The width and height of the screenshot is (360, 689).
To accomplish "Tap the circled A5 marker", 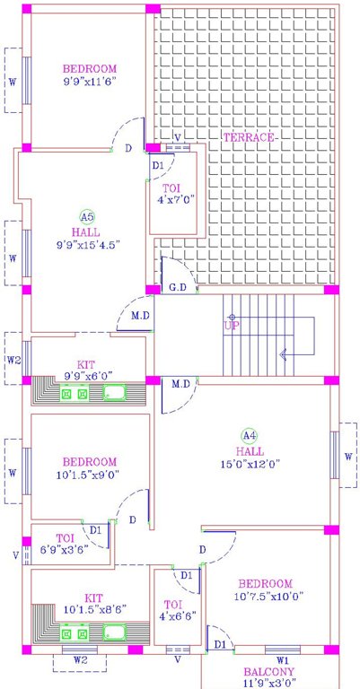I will pos(86,216).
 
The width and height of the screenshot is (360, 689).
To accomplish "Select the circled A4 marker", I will pos(250,436).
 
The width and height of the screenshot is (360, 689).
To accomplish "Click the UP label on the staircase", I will pos(232,326).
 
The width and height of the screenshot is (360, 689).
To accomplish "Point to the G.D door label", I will pos(177,288).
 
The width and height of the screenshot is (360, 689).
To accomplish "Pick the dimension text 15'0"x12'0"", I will pos(250,464).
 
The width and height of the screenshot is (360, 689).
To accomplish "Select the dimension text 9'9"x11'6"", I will pos(90,82).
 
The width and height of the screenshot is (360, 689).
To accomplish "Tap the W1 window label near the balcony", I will pos(282,659).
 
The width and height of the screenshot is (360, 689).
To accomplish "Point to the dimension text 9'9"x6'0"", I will pos(86,376).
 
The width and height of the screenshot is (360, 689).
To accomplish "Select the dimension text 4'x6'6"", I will pos(171,616).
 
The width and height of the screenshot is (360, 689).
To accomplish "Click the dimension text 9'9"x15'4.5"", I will pos(88,243).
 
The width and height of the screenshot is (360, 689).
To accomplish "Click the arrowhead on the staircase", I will pos(284,354).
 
